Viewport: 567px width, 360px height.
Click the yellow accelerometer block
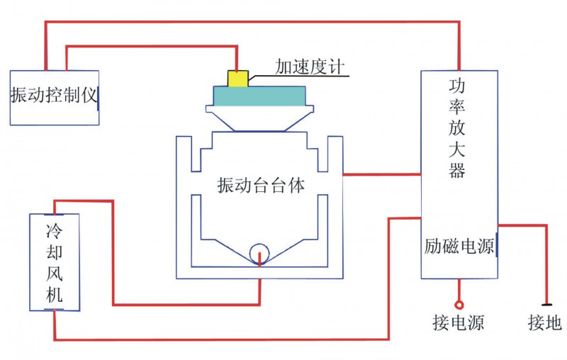(237, 77)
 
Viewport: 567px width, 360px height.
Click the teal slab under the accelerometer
(260, 95)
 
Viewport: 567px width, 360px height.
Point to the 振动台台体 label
(262, 186)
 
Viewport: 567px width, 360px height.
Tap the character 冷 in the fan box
(55, 230)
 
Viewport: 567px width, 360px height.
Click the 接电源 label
(458, 324)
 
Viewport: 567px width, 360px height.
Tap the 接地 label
(545, 324)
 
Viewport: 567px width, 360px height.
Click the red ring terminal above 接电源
(459, 305)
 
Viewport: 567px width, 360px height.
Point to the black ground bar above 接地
(546, 304)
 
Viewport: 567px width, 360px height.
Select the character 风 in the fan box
(55, 275)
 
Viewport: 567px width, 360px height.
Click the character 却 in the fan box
(55, 253)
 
